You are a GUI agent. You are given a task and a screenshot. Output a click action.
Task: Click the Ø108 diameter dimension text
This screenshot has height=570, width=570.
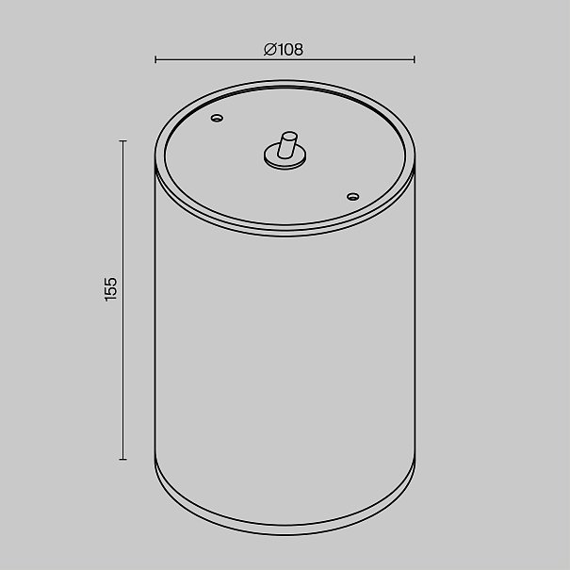click(284, 49)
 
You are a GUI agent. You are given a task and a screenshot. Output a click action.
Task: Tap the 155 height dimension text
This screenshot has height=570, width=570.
click(111, 289)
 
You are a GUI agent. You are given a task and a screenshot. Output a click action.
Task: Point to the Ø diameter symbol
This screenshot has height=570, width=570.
click(270, 49)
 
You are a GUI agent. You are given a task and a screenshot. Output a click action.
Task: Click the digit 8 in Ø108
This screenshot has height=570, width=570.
click(298, 49)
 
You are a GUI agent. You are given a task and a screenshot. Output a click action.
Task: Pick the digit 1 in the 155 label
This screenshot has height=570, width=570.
click(111, 299)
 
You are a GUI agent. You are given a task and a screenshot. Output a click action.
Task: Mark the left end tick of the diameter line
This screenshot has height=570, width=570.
click(155, 59)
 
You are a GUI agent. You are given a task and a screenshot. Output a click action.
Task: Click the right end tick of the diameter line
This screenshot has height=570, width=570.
click(414, 59)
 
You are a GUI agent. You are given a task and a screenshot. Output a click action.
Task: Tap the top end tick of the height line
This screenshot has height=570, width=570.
click(122, 140)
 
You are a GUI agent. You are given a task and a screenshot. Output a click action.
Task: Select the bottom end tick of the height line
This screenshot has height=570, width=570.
click(122, 460)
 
